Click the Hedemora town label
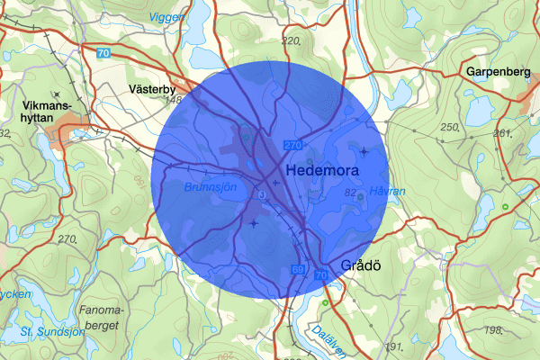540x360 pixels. click(321, 170)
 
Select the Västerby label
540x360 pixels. click(151, 89)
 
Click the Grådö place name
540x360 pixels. click(363, 265)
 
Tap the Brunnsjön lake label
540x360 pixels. click(210, 188)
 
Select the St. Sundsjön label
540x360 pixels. click(51, 331)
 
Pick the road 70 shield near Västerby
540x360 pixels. click(103, 54)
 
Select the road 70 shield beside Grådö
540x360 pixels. click(322, 274)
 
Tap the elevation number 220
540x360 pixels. click(291, 41)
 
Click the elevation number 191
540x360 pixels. click(392, 346)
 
